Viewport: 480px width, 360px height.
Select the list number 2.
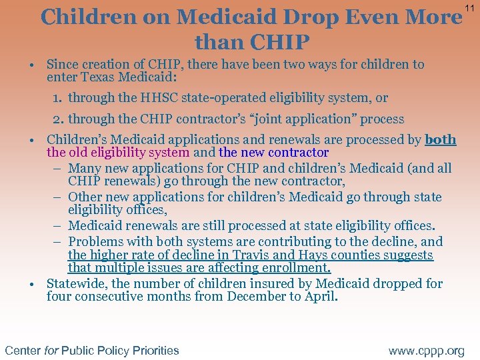pyautogui.click(x=59, y=119)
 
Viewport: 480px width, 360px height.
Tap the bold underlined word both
pyautogui.click(x=441, y=140)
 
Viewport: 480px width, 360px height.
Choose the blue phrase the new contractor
pyautogui.click(x=273, y=153)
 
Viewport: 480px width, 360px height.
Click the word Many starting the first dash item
pyautogui.click(x=85, y=168)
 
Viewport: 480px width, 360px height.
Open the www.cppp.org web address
pyautogui.click(x=426, y=350)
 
